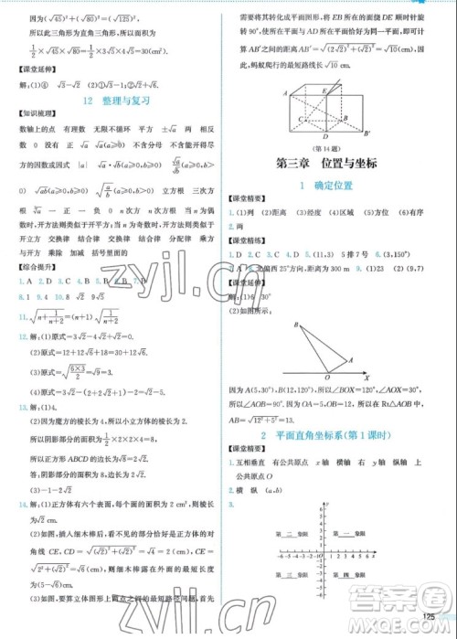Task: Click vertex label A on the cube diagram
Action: click(285, 93)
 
